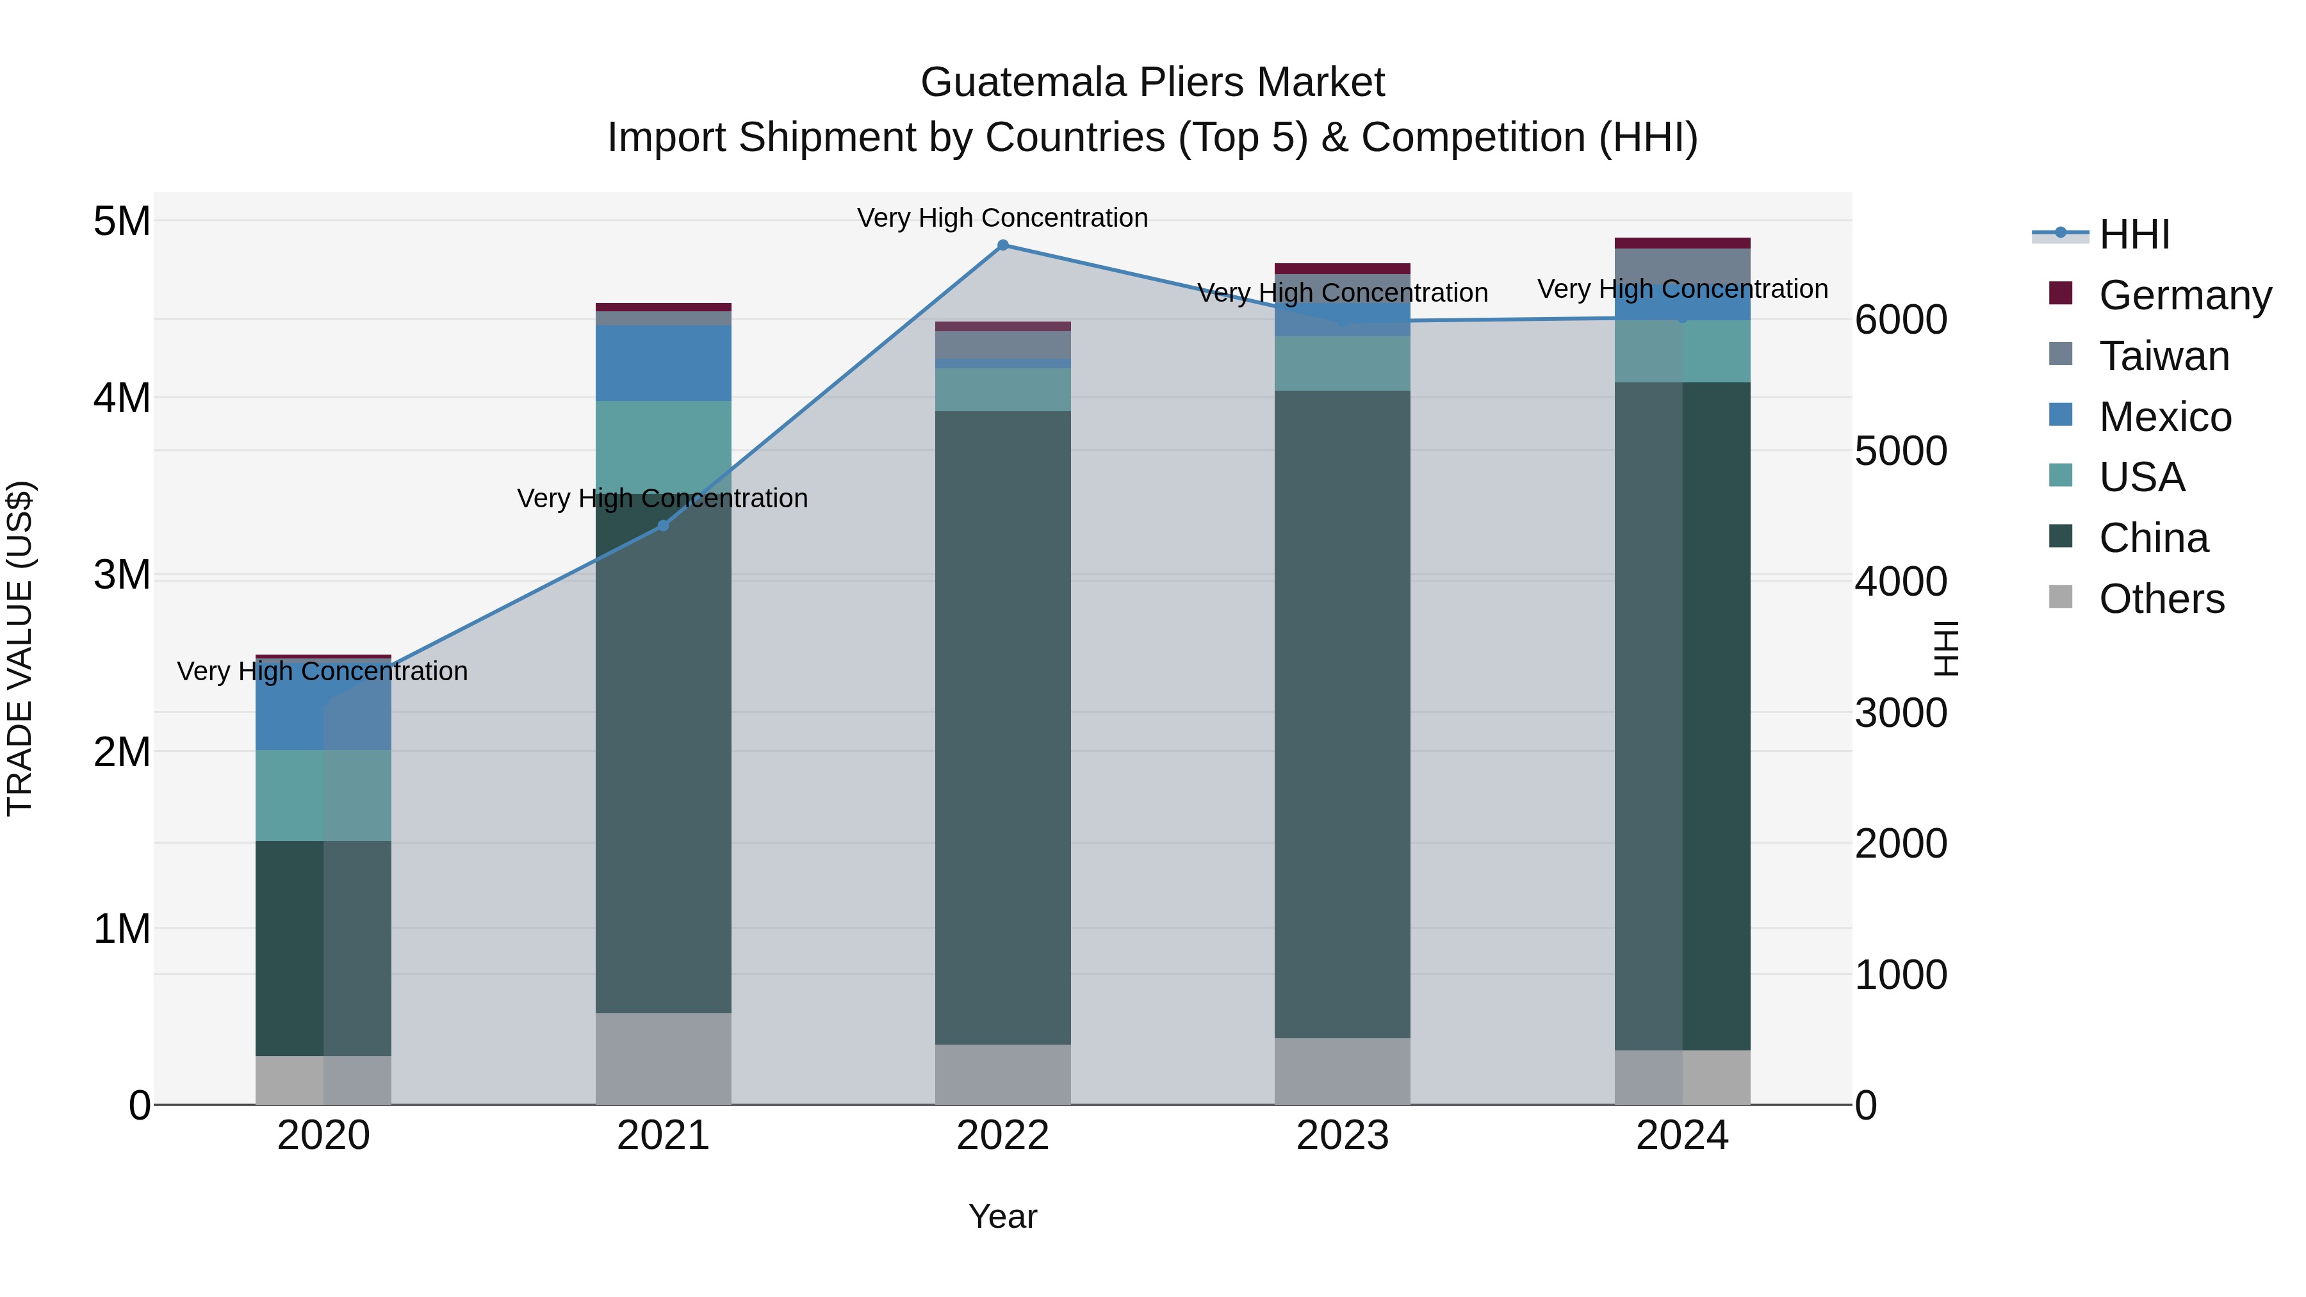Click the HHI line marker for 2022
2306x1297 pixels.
[1002, 245]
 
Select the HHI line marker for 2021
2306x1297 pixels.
[664, 525]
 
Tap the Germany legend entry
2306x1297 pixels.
[2184, 295]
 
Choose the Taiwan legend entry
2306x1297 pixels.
[2164, 356]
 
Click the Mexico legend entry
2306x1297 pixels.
[2164, 417]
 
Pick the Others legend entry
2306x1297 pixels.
[2161, 599]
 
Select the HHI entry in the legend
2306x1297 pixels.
[2134, 234]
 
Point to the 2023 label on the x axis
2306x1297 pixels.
[1342, 1136]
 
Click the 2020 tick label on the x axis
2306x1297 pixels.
[323, 1136]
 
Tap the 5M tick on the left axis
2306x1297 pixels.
[122, 221]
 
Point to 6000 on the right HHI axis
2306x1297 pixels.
[1901, 320]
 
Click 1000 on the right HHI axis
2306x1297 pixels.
[1901, 975]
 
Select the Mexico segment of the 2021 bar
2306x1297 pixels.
[664, 363]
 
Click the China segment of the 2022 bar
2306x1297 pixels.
[1002, 727]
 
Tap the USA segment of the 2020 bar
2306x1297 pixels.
[323, 795]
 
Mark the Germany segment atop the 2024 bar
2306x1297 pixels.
[1682, 243]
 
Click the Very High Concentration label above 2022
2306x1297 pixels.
[1002, 218]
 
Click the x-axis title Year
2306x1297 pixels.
[1002, 1216]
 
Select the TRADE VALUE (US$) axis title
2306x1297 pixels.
[20, 648]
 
